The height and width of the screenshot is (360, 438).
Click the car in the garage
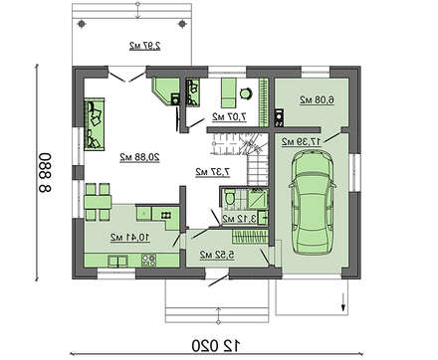tap(313, 202)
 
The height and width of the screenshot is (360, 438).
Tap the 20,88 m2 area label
tap(139, 157)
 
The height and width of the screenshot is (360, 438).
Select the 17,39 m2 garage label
tap(302, 141)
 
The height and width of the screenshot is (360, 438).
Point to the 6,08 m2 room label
tap(317, 99)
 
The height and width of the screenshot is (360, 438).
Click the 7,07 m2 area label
tap(230, 116)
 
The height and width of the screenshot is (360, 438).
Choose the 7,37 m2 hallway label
tap(213, 172)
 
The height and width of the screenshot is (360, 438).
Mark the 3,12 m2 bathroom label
tap(239, 219)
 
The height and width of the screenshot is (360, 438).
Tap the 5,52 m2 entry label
tap(217, 255)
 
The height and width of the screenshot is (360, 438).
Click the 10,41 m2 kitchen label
tap(130, 237)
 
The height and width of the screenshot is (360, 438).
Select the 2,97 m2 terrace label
tap(145, 46)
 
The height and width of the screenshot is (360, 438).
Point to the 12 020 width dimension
tap(216, 346)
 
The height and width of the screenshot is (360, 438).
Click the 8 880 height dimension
tap(45, 173)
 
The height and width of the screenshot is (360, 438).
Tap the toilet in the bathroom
tap(229, 197)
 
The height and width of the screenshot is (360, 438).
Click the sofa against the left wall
tap(95, 124)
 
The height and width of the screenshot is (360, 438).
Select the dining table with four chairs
tap(98, 202)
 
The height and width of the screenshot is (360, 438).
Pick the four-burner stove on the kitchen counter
tap(148, 261)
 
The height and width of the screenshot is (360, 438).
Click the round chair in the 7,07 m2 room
tap(246, 93)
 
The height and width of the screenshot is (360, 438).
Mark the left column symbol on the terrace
tap(82, 24)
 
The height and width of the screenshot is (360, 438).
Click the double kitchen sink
tap(117, 262)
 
